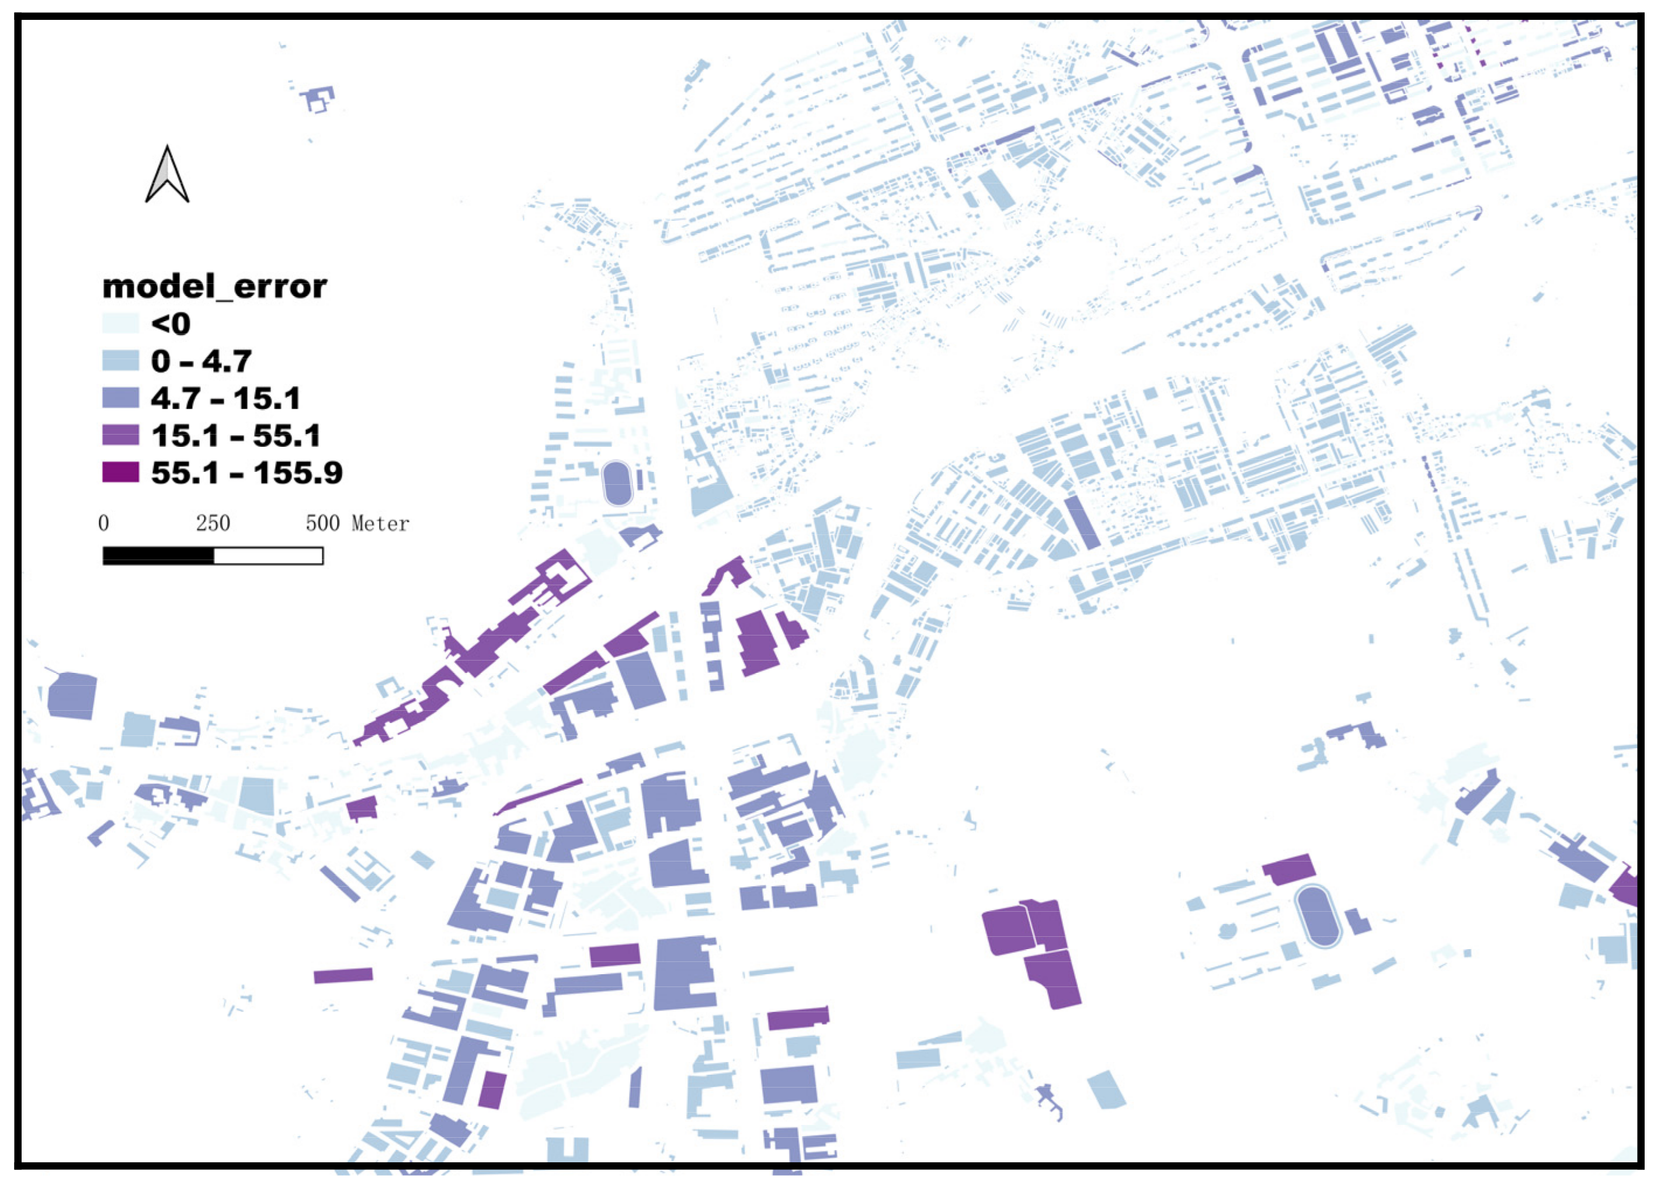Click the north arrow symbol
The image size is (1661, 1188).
(x=167, y=176)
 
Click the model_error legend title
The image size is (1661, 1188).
(x=214, y=286)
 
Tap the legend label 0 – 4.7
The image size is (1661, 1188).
(x=201, y=360)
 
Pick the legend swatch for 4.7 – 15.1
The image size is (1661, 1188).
(x=120, y=398)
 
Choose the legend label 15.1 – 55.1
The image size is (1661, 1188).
(x=235, y=436)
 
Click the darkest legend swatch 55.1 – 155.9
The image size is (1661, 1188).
(x=120, y=473)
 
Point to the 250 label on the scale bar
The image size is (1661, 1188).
(x=213, y=523)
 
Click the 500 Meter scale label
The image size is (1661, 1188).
(x=357, y=523)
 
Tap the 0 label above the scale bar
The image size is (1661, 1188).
(x=103, y=523)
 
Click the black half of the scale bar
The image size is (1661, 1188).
(x=158, y=557)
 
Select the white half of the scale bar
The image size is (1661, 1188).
(x=269, y=557)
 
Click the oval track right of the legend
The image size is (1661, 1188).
(x=617, y=484)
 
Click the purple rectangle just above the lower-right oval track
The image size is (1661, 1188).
(x=1289, y=869)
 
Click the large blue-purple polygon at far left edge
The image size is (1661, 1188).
(x=72, y=696)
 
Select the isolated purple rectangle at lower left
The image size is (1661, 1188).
(x=343, y=976)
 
